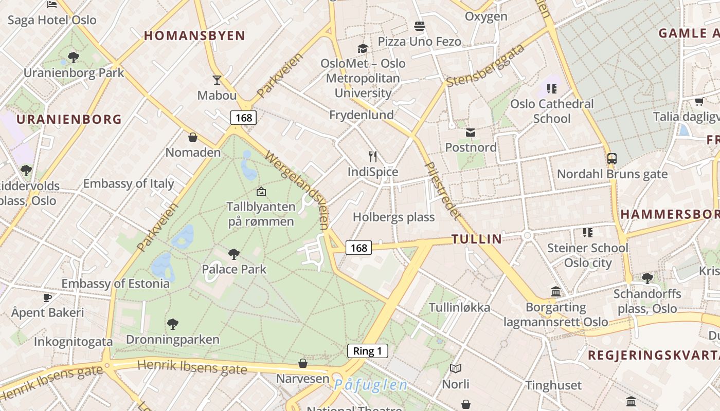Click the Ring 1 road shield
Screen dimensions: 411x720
(x=367, y=351)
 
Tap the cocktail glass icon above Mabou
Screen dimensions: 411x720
(x=217, y=80)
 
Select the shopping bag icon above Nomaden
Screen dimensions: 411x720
(x=193, y=137)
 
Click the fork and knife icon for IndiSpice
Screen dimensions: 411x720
(x=373, y=156)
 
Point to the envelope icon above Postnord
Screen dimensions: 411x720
(x=471, y=133)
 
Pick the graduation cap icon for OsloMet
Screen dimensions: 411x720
(x=363, y=48)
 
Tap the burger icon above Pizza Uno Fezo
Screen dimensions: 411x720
(x=420, y=26)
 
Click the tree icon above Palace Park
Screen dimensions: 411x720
(x=234, y=253)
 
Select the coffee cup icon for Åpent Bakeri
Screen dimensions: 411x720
(x=47, y=297)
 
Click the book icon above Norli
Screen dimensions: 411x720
(x=456, y=368)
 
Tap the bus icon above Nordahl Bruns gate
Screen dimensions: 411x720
(x=612, y=159)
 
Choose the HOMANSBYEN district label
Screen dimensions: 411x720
(x=194, y=35)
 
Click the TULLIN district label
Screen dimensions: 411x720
(x=477, y=238)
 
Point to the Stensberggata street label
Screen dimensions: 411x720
(x=485, y=65)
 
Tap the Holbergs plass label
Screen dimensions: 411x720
(x=393, y=217)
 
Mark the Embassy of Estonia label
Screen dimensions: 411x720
(x=115, y=283)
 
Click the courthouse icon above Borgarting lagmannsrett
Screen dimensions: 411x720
(x=556, y=292)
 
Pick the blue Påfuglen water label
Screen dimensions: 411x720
(x=371, y=385)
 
